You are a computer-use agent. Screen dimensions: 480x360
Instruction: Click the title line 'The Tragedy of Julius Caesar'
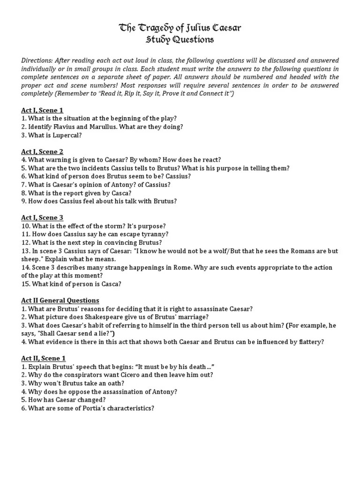180,29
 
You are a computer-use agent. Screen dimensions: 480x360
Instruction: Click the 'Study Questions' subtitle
180,40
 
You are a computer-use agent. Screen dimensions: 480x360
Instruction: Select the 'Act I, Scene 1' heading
42,110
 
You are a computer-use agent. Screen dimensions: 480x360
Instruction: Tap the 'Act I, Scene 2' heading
42,151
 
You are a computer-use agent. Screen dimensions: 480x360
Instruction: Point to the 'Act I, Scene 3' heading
42,217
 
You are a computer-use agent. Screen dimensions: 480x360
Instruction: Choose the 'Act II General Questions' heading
60,300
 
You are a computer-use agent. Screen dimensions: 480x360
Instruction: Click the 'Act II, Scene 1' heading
44,359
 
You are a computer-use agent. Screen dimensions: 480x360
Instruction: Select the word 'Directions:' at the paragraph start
37,61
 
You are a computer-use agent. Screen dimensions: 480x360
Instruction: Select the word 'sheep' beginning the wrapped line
31,259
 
